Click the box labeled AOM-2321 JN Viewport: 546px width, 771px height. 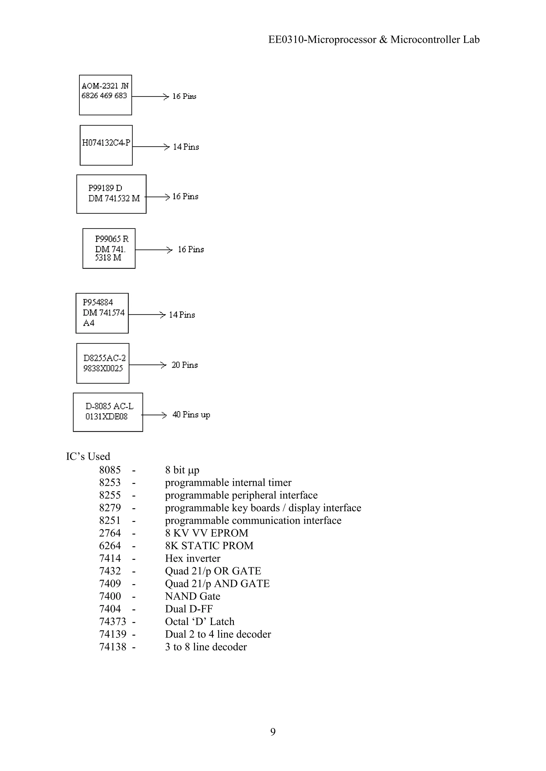pyautogui.click(x=105, y=95)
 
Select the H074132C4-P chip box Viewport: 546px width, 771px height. pyautogui.click(x=106, y=145)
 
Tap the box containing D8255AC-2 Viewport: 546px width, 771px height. pyautogui.click(x=103, y=363)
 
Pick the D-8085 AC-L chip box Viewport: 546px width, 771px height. pyautogui.click(x=108, y=412)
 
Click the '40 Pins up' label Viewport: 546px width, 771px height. pyautogui.click(x=191, y=415)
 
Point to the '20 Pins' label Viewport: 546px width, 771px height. pyautogui.click(x=184, y=365)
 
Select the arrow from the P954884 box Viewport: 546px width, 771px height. pyautogui.click(x=147, y=315)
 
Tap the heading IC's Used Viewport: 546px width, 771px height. pyautogui.click(x=88, y=456)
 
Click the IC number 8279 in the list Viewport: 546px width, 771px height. pyautogui.click(x=110, y=508)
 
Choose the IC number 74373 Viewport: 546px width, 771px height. pyautogui.click(x=113, y=622)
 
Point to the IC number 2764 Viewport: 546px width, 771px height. pyautogui.click(x=110, y=533)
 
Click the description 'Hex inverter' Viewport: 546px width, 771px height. pyautogui.click(x=193, y=558)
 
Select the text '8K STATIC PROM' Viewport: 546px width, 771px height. pyautogui.click(x=209, y=546)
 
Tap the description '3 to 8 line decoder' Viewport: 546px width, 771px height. pyautogui.click(x=206, y=647)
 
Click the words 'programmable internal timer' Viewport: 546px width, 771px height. pyautogui.click(x=228, y=483)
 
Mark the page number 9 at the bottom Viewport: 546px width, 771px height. pyautogui.click(x=273, y=732)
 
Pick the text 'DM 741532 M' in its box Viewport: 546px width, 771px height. pyautogui.click(x=114, y=198)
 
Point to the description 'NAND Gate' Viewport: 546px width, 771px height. pyautogui.click(x=193, y=596)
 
